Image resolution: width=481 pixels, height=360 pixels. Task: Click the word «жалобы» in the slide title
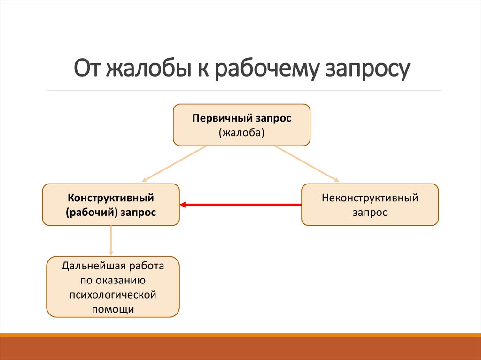click(x=144, y=69)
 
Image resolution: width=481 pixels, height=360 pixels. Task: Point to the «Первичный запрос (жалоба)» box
click(x=241, y=125)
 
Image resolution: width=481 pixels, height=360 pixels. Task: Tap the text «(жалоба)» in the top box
click(x=241, y=133)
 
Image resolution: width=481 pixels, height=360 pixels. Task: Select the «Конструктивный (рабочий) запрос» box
click(x=111, y=205)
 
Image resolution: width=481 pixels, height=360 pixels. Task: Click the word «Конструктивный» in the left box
click(x=111, y=198)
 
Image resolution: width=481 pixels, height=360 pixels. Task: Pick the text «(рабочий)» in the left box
click(x=91, y=213)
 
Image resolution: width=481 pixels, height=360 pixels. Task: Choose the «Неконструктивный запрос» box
click(x=370, y=205)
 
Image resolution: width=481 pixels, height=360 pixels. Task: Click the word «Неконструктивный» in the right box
click(x=370, y=198)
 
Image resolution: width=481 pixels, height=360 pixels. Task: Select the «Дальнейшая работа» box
click(x=113, y=287)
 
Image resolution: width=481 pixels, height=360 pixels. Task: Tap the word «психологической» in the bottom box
click(x=113, y=295)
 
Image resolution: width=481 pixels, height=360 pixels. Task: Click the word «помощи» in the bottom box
click(x=113, y=309)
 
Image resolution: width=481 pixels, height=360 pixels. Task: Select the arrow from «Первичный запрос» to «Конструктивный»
click(x=174, y=163)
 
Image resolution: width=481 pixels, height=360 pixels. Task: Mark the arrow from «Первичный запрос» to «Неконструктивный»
click(x=307, y=163)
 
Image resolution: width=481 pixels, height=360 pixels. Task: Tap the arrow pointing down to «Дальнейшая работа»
click(x=111, y=240)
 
